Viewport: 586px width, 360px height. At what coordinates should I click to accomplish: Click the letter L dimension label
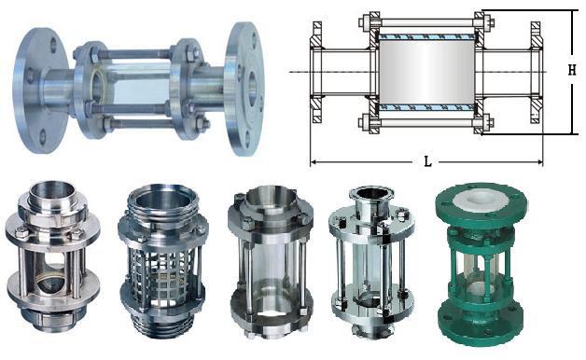click(428, 161)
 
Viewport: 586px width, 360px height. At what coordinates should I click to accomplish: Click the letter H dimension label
click(572, 70)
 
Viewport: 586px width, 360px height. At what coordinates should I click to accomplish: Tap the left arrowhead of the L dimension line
click(314, 162)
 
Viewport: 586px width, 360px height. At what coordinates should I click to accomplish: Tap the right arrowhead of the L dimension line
click(539, 162)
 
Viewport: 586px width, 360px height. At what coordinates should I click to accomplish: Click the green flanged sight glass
click(481, 263)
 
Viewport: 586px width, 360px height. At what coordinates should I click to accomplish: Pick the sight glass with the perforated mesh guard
click(163, 261)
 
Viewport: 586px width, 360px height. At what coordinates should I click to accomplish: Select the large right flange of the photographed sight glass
click(244, 89)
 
